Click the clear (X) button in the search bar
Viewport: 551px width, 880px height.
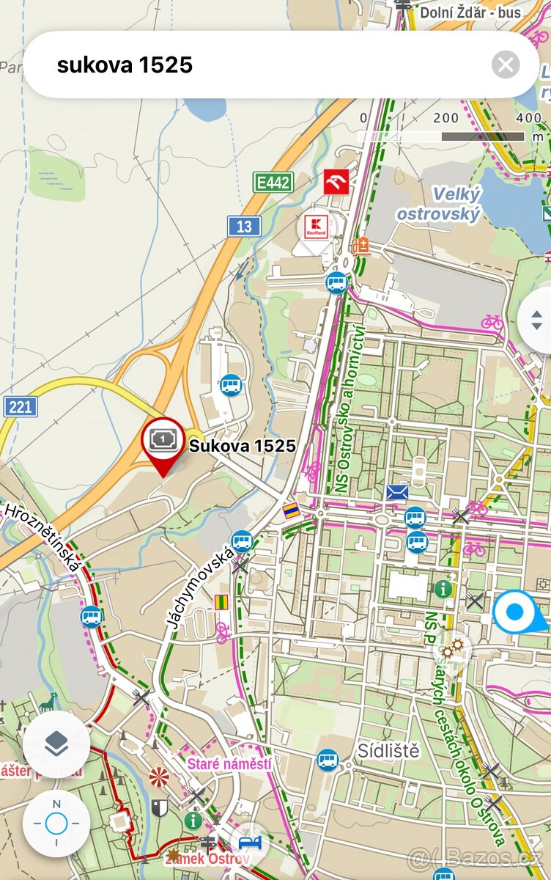pyautogui.click(x=506, y=65)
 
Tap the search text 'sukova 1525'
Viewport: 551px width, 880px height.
pyautogui.click(x=125, y=65)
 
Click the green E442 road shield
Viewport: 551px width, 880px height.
pyautogui.click(x=273, y=183)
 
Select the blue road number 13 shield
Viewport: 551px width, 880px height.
pyautogui.click(x=244, y=227)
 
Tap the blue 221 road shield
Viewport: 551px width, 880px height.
pyautogui.click(x=20, y=406)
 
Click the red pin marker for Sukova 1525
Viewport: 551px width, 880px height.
pyautogui.click(x=163, y=442)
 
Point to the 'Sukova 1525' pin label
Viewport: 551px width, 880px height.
pyautogui.click(x=243, y=446)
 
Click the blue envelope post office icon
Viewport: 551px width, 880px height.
pyautogui.click(x=397, y=492)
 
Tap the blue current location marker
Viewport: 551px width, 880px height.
pyautogui.click(x=515, y=612)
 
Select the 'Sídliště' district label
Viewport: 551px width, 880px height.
pyautogui.click(x=388, y=751)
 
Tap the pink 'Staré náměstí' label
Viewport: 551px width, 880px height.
pyautogui.click(x=229, y=764)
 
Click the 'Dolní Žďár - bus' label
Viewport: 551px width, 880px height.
pyautogui.click(x=470, y=12)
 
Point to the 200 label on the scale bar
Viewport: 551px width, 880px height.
pyautogui.click(x=445, y=118)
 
